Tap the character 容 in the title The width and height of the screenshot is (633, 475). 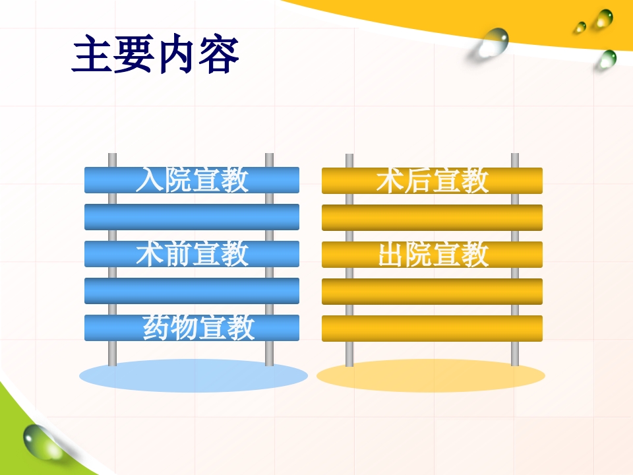tap(219, 55)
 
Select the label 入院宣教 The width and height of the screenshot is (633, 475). tap(192, 180)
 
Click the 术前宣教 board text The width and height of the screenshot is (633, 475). tap(192, 254)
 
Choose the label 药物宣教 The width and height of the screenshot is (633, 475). tap(198, 328)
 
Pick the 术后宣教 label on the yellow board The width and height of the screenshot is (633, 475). tap(433, 181)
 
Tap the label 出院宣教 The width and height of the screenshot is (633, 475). tap(433, 255)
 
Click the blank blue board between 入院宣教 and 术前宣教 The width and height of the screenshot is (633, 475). tap(192, 217)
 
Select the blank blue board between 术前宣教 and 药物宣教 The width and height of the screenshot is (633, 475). tap(192, 291)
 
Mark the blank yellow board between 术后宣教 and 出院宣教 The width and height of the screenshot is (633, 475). tap(433, 218)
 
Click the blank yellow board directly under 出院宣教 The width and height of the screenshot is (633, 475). tap(433, 292)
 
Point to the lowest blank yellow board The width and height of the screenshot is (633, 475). tap(433, 329)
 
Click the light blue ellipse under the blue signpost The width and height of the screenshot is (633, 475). tap(193, 376)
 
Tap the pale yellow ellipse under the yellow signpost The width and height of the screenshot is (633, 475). tap(431, 376)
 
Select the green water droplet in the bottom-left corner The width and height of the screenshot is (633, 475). tap(41, 441)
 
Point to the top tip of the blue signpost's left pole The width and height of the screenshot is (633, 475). tap(112, 155)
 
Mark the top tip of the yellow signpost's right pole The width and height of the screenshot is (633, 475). tap(515, 155)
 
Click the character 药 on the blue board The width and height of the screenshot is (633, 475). tap(156, 328)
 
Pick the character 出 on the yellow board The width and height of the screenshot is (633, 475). tap(390, 255)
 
